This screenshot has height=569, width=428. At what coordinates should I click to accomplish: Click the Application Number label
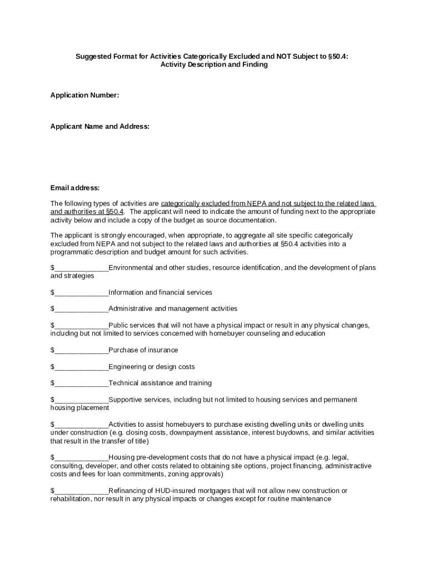(x=84, y=96)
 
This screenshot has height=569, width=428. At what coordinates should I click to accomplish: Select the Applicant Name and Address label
(x=100, y=127)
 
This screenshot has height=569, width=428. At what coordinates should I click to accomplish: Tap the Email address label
(x=75, y=188)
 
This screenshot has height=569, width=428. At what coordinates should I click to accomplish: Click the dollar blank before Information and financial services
(x=81, y=293)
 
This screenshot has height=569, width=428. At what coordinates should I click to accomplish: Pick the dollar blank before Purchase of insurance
(x=81, y=351)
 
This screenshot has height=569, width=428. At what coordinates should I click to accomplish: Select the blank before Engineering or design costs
(x=81, y=367)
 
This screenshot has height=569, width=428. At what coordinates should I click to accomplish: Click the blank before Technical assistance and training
(x=81, y=383)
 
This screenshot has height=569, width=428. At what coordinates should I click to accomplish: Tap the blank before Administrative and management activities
(x=81, y=309)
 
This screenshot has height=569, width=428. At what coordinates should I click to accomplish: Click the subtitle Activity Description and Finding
(x=214, y=64)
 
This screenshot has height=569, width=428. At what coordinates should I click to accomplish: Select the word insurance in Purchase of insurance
(x=163, y=350)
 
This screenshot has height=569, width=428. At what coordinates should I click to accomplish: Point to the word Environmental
(x=131, y=268)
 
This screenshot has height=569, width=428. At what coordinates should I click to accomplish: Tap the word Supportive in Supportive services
(x=125, y=400)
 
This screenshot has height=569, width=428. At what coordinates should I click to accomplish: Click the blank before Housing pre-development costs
(x=81, y=458)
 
